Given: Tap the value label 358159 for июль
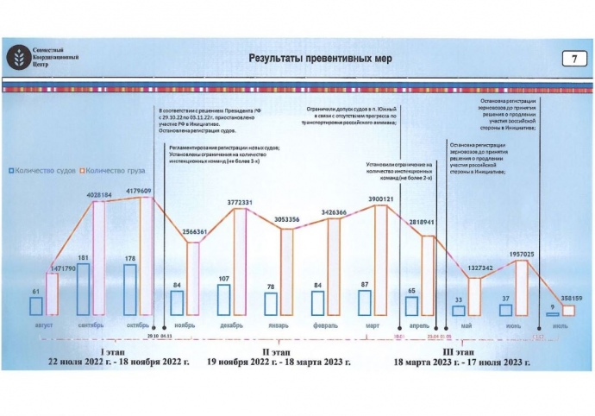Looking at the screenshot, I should (x=567, y=298).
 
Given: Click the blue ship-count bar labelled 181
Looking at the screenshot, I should (x=84, y=288).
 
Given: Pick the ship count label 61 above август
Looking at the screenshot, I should (x=34, y=292).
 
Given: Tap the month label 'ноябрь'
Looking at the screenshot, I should (x=185, y=325).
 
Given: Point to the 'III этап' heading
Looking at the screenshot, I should (x=460, y=351).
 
